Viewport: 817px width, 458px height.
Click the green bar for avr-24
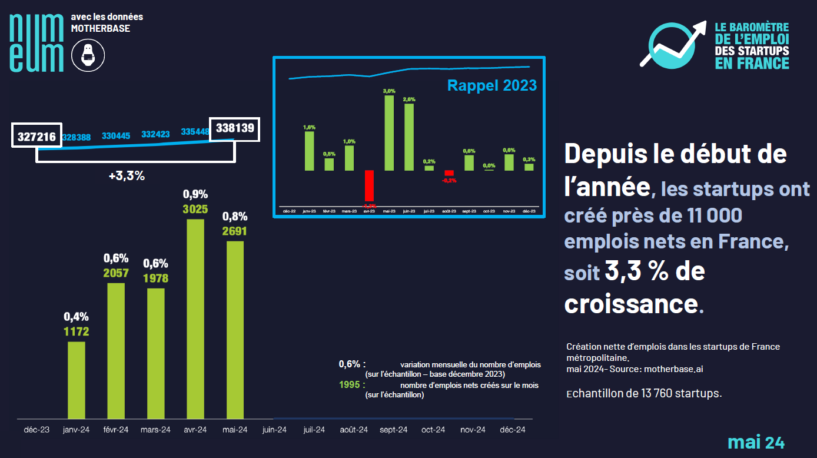point(195,318)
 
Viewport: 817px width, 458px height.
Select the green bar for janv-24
point(77,380)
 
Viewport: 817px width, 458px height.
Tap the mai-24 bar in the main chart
point(235,330)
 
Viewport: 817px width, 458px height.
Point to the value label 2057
point(116,273)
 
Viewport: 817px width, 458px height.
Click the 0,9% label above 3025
point(195,194)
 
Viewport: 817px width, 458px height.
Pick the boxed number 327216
point(36,137)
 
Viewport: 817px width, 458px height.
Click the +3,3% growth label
point(127,175)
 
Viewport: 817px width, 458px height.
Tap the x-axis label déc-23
point(36,430)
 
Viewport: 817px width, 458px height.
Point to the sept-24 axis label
point(394,430)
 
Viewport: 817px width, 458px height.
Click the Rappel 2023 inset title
point(492,85)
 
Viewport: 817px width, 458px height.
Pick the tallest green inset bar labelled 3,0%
point(389,132)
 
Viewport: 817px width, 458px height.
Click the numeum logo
point(36,42)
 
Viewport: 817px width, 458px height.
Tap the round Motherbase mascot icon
point(88,55)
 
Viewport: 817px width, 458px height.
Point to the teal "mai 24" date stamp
point(756,442)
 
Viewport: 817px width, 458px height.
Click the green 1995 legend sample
point(351,385)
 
